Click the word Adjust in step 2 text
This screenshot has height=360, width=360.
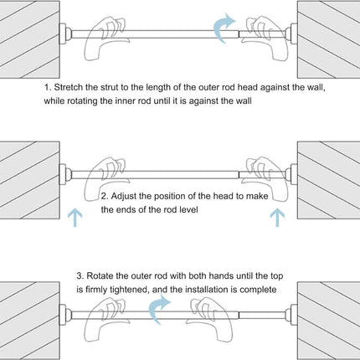click(123, 196)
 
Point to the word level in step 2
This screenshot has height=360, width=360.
click(188, 209)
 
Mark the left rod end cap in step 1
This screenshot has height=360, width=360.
click(65, 33)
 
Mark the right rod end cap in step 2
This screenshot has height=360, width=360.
click(291, 174)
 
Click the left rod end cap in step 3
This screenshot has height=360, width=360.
click(65, 315)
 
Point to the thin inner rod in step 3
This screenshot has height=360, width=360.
click(262, 315)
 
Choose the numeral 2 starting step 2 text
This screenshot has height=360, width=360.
click(104, 196)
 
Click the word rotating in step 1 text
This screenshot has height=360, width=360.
click(83, 100)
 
